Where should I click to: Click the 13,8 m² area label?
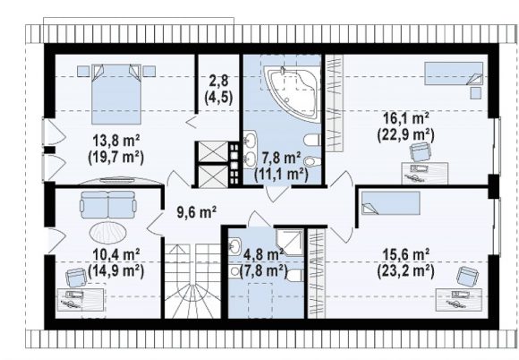[x=115, y=141]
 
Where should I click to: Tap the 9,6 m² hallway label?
[x=197, y=212]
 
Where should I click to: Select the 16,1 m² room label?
[x=405, y=118]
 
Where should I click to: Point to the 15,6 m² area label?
[x=405, y=255]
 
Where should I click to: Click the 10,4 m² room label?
[x=115, y=255]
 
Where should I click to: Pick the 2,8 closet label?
[x=219, y=81]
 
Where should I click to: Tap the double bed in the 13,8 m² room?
[x=116, y=94]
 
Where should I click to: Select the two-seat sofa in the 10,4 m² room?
[x=108, y=205]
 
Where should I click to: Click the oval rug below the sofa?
[x=108, y=232]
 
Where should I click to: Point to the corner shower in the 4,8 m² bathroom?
[x=289, y=242]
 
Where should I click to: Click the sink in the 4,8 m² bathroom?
[x=235, y=246]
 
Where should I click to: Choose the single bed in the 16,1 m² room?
[x=454, y=73]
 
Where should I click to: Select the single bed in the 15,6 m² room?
[x=390, y=203]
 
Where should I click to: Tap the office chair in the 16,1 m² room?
[x=420, y=152]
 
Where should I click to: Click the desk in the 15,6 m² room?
[x=459, y=299]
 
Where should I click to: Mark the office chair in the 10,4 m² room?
[x=76, y=278]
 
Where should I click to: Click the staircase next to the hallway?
[x=192, y=281]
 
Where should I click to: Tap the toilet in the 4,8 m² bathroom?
[x=294, y=275]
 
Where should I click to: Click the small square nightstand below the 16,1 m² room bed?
[x=476, y=93]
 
